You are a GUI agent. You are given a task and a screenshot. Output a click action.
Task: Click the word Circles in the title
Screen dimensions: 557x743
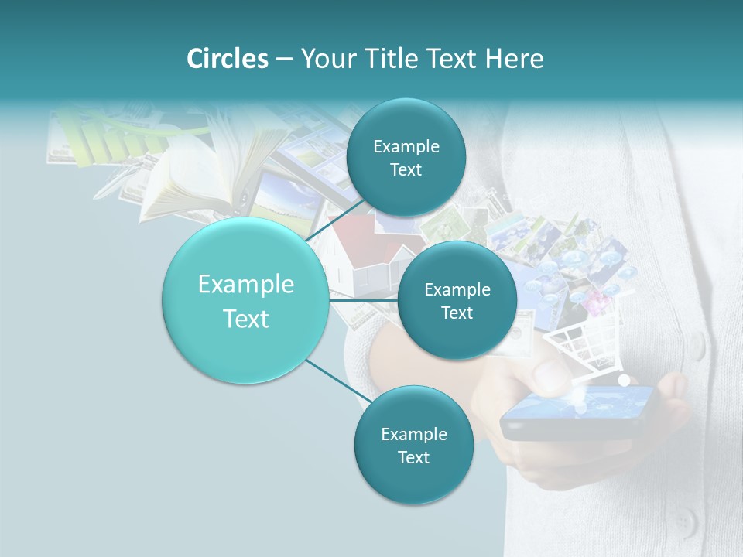click(x=227, y=59)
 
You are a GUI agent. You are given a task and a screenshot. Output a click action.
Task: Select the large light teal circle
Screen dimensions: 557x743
click(x=245, y=300)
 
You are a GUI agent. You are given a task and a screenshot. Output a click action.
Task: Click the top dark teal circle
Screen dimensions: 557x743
click(x=406, y=158)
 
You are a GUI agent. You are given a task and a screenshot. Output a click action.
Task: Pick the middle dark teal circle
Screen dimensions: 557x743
click(x=457, y=300)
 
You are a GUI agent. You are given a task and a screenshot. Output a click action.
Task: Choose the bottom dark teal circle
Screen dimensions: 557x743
click(x=413, y=446)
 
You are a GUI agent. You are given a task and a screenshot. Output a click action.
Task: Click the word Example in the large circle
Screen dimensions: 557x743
click(x=245, y=285)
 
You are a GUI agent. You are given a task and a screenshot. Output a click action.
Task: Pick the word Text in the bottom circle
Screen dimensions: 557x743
click(x=413, y=457)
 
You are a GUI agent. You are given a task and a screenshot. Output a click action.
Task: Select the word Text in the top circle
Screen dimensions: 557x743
click(x=406, y=170)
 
